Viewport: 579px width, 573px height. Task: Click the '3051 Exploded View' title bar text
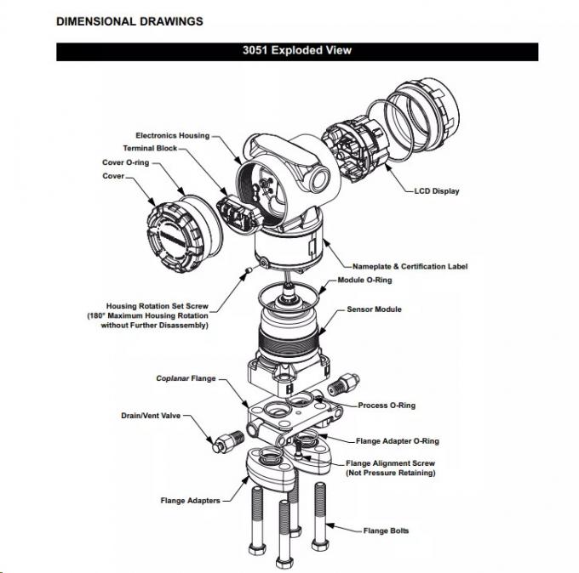click(x=296, y=50)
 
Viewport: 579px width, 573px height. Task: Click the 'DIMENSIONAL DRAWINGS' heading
click(x=129, y=21)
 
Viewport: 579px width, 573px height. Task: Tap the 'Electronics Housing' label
click(x=172, y=135)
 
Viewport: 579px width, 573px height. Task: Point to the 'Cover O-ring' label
click(x=125, y=162)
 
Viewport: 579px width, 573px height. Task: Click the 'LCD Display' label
click(x=436, y=191)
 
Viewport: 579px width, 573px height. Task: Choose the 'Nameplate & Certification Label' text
click(x=410, y=266)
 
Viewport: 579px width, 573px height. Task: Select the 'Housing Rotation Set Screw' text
click(x=158, y=306)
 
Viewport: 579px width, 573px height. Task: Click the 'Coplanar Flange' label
click(x=185, y=378)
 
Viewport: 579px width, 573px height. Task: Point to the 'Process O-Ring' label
click(x=387, y=406)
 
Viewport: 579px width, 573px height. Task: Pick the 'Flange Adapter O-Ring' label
click(x=397, y=441)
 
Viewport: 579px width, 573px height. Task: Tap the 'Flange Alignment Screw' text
click(x=390, y=463)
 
